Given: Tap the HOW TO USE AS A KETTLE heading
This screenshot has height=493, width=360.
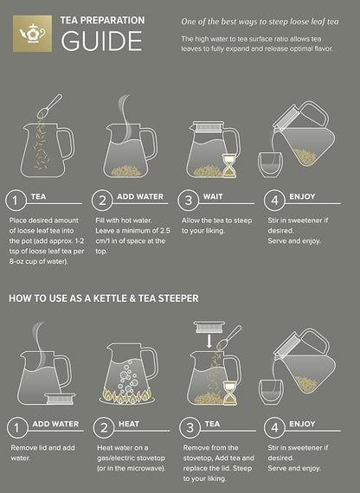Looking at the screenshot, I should click(104, 298).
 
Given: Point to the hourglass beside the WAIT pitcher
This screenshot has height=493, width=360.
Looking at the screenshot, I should click(228, 166).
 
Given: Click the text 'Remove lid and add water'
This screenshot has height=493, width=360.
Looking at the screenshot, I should click(42, 453).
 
